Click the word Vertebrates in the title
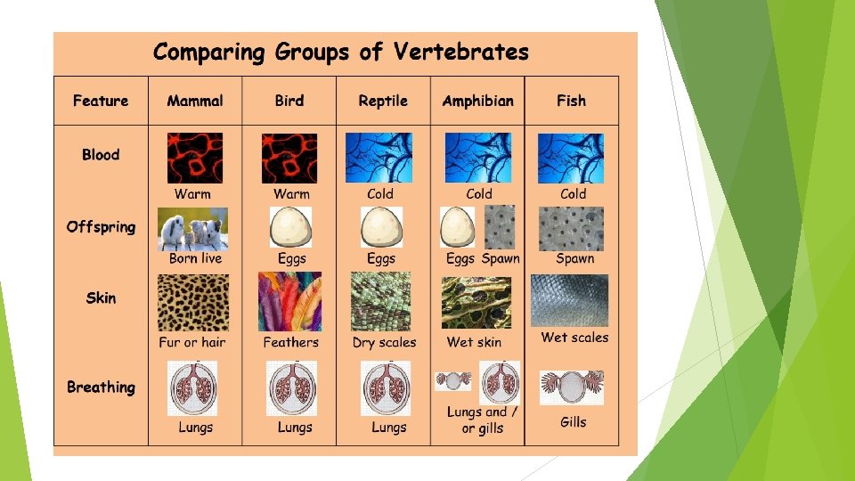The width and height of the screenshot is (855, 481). [461, 53]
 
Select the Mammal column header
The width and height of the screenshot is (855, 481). [195, 101]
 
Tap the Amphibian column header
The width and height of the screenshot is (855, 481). [477, 101]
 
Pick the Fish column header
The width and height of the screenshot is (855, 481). [571, 101]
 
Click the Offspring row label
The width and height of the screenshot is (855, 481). [101, 227]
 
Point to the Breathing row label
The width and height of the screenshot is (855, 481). [101, 387]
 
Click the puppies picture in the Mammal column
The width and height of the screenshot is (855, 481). [192, 230]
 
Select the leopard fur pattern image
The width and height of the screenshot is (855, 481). [192, 303]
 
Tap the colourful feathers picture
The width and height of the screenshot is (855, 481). [289, 303]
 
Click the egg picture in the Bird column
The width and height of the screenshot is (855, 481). [290, 228]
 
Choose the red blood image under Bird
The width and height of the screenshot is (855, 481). [289, 159]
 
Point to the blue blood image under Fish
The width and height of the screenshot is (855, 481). [571, 159]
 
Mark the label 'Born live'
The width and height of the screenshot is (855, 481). [195, 258]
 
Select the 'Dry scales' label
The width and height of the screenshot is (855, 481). [384, 342]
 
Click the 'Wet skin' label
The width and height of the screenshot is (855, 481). [474, 342]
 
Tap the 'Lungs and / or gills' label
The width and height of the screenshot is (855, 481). [482, 420]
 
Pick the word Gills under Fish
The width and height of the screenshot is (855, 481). [574, 421]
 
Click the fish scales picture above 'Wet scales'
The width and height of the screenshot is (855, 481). [570, 301]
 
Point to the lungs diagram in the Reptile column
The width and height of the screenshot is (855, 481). [386, 387]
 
